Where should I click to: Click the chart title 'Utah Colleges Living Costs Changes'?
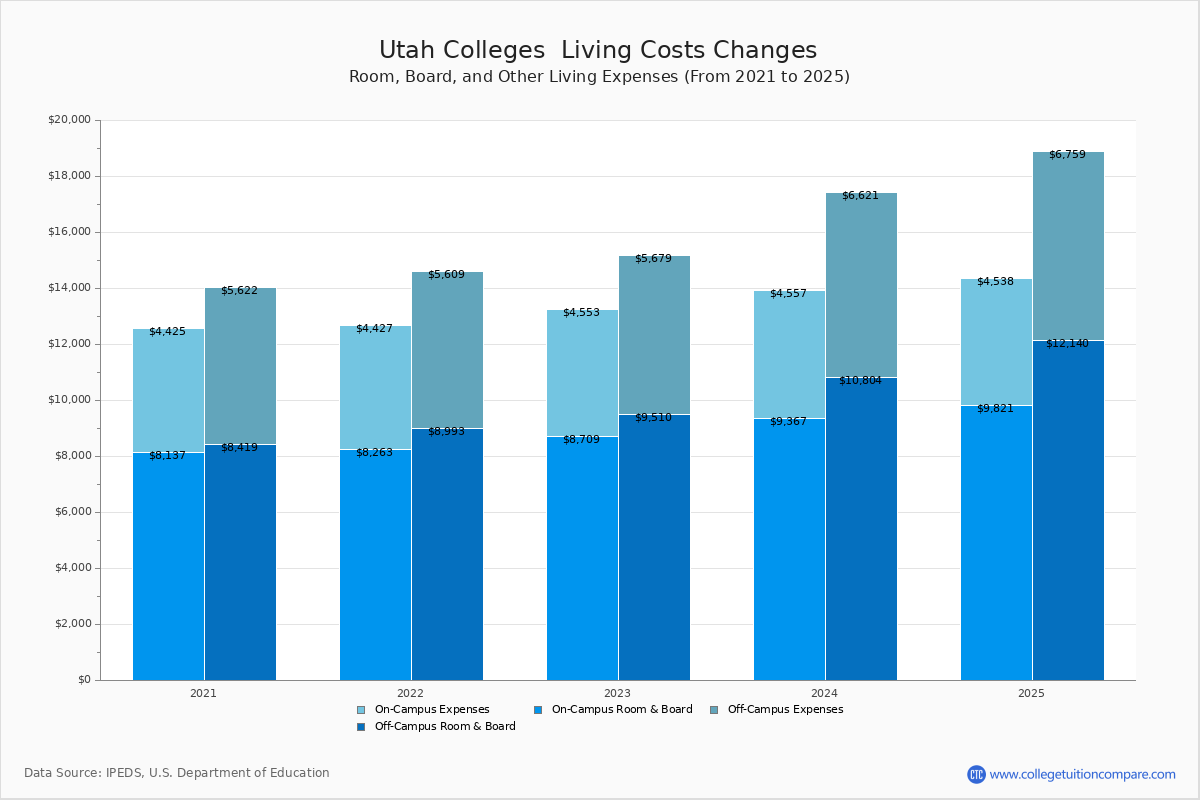pyautogui.click(x=598, y=50)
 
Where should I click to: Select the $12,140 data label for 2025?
pyautogui.click(x=1067, y=343)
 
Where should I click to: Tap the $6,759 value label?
pyautogui.click(x=1067, y=155)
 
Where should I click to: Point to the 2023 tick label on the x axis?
pyautogui.click(x=617, y=693)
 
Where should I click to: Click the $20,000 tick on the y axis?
pyautogui.click(x=69, y=120)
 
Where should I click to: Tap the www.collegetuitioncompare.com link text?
pyautogui.click(x=1082, y=774)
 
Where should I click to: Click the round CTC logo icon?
pyautogui.click(x=976, y=774)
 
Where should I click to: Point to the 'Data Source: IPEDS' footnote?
pyautogui.click(x=177, y=773)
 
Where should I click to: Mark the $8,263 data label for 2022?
pyautogui.click(x=374, y=452)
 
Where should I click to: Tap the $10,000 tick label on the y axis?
pyautogui.click(x=69, y=400)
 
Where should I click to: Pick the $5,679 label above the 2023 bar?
pyautogui.click(x=653, y=259)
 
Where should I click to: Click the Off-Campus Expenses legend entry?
pyautogui.click(x=784, y=710)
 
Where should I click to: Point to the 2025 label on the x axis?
pyautogui.click(x=1031, y=693)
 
